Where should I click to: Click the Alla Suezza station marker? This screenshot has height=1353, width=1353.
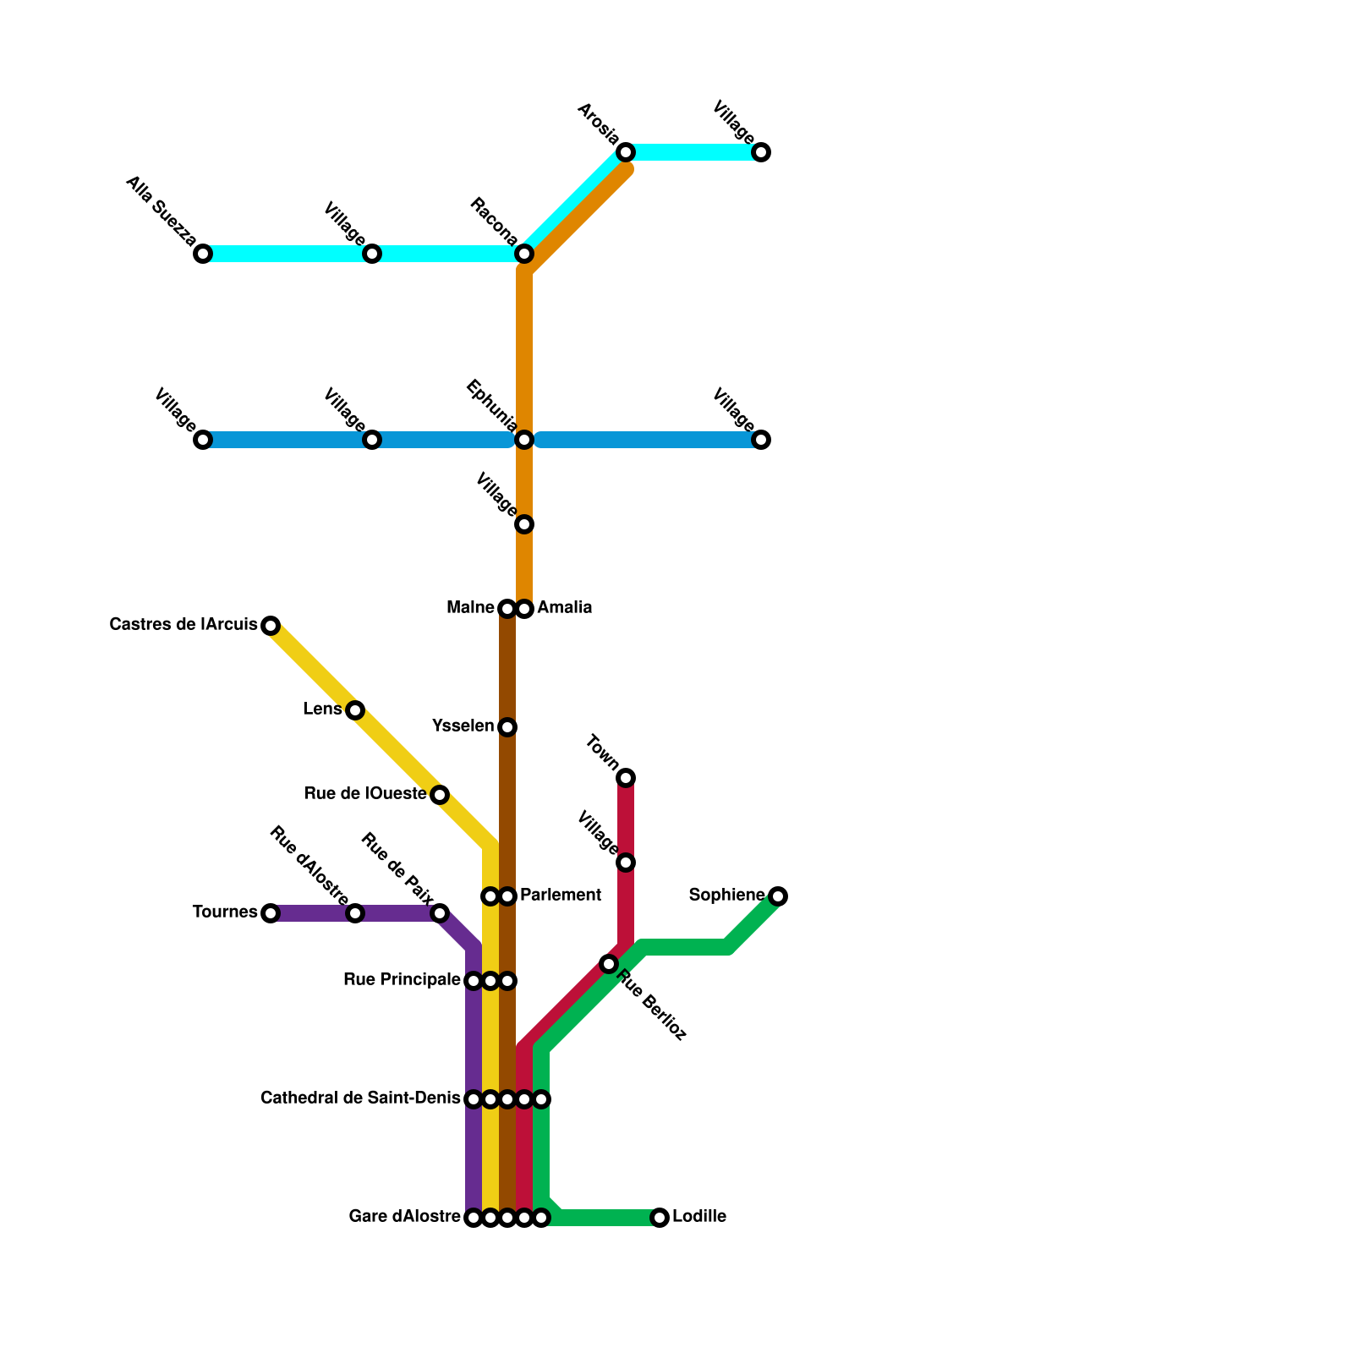(x=203, y=254)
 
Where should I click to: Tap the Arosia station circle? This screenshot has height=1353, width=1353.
(x=626, y=152)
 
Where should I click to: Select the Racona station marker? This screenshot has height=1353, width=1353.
(x=524, y=254)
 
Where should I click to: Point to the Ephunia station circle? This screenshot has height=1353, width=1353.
(x=524, y=440)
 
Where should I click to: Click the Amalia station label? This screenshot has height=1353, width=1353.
(x=564, y=608)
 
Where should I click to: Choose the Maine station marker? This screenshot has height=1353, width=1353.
(x=507, y=609)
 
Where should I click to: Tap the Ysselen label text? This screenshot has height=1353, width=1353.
(x=463, y=726)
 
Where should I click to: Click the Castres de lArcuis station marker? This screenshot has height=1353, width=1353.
(x=271, y=626)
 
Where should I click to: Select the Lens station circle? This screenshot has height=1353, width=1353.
(x=355, y=710)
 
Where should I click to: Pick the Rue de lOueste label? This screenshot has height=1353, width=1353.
(x=364, y=794)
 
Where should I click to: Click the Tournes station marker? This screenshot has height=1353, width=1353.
(x=271, y=913)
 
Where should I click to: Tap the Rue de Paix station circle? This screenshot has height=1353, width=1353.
(x=440, y=913)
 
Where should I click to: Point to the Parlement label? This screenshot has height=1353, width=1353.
(x=560, y=896)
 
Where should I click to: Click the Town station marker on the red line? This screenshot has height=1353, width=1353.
(x=626, y=778)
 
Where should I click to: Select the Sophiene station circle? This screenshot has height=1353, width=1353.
(x=778, y=896)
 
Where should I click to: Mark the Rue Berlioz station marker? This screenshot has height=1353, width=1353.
(x=609, y=964)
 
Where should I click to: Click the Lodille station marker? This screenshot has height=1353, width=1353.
(x=660, y=1218)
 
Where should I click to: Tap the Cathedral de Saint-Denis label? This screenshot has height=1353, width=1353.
(x=360, y=1098)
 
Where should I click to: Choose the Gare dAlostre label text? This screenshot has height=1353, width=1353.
(x=404, y=1218)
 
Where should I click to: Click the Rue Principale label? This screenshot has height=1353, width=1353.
(x=402, y=980)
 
